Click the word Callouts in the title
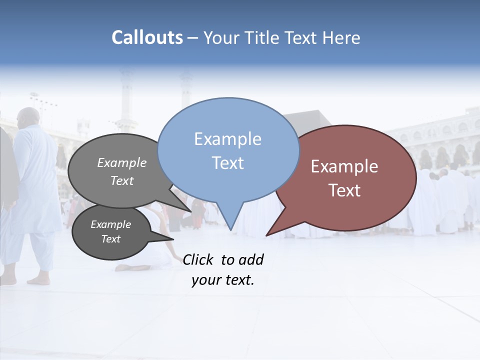pyautogui.click(x=147, y=37)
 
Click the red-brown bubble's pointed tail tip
pyautogui.click(x=267, y=234)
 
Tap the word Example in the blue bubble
pyautogui.click(x=227, y=139)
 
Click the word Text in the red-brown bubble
pyautogui.click(x=344, y=190)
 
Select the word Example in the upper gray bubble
pyautogui.click(x=122, y=162)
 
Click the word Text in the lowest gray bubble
pyautogui.click(x=110, y=239)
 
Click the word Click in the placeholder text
pyautogui.click(x=197, y=259)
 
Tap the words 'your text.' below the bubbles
pyautogui.click(x=223, y=280)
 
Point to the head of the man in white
pyautogui.click(x=28, y=118)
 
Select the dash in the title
pyautogui.click(x=193, y=37)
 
